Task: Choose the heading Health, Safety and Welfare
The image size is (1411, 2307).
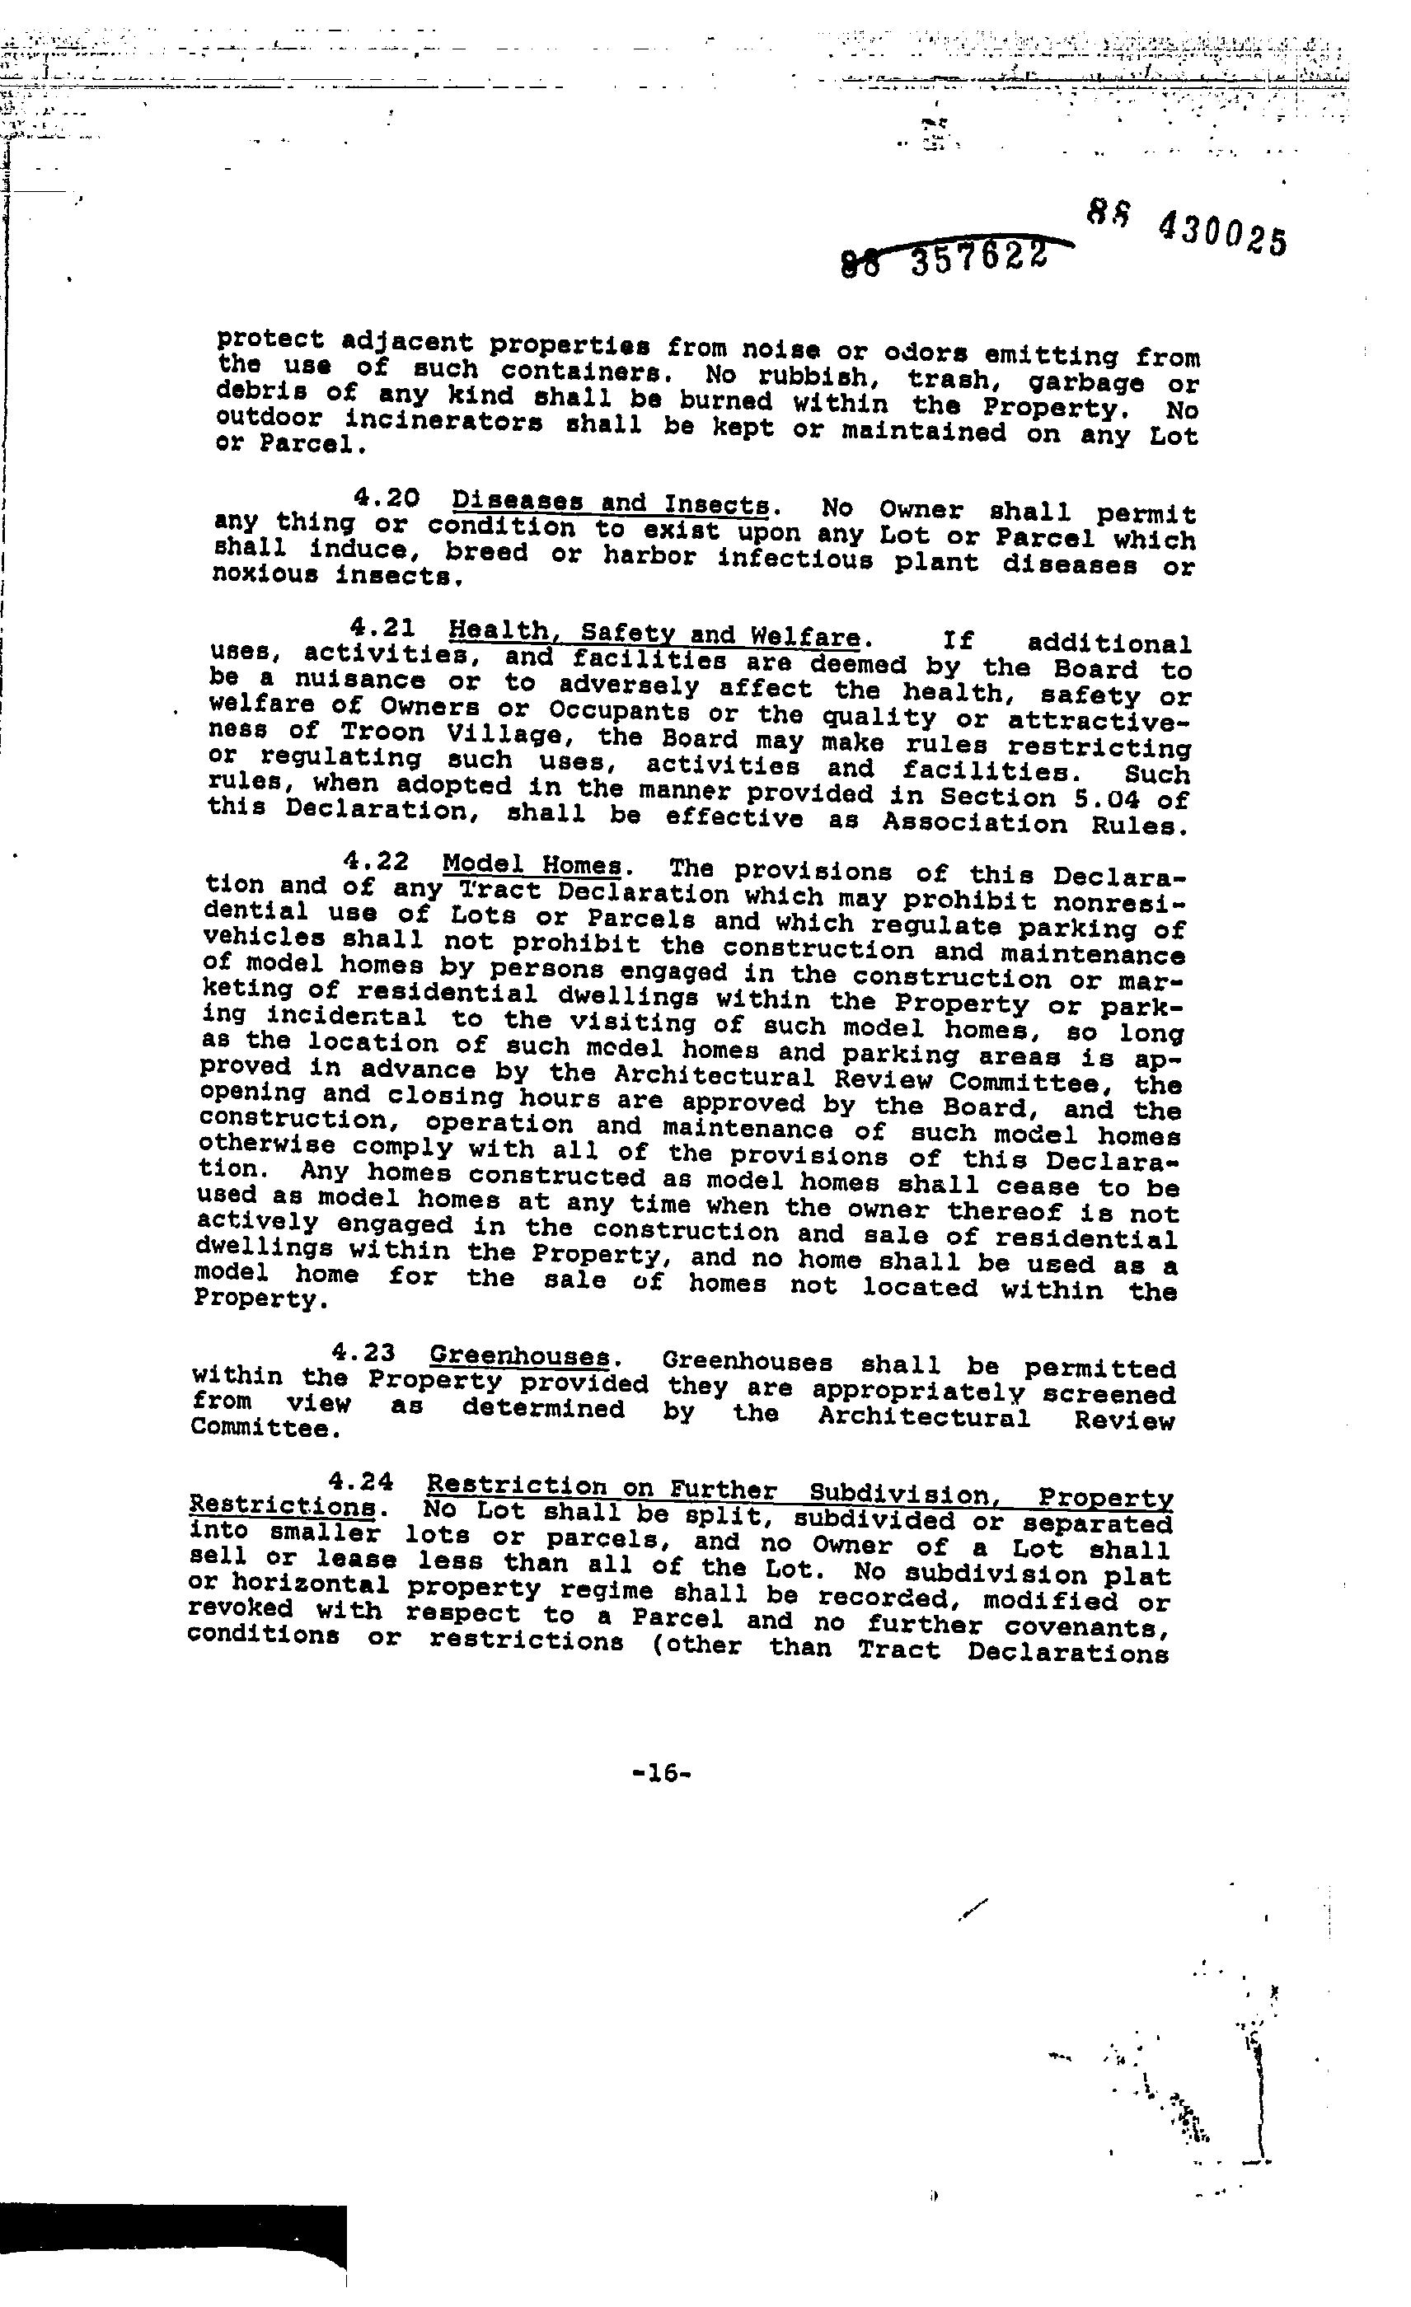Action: point(654,634)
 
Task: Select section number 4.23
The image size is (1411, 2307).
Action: point(363,1352)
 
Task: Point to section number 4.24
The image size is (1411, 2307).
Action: point(360,1481)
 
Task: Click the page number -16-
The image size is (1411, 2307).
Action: point(662,1771)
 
